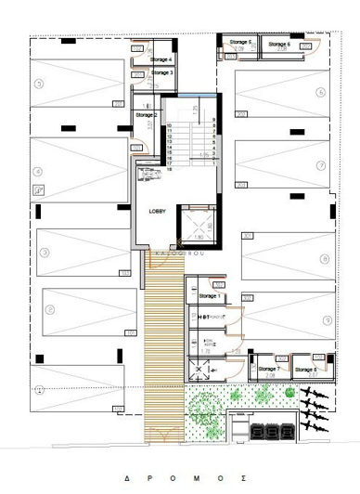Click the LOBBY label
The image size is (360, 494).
(x=157, y=212)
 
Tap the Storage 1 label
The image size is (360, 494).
(x=209, y=296)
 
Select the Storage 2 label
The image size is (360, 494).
(x=147, y=114)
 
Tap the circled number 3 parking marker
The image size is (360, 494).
(x=43, y=253)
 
